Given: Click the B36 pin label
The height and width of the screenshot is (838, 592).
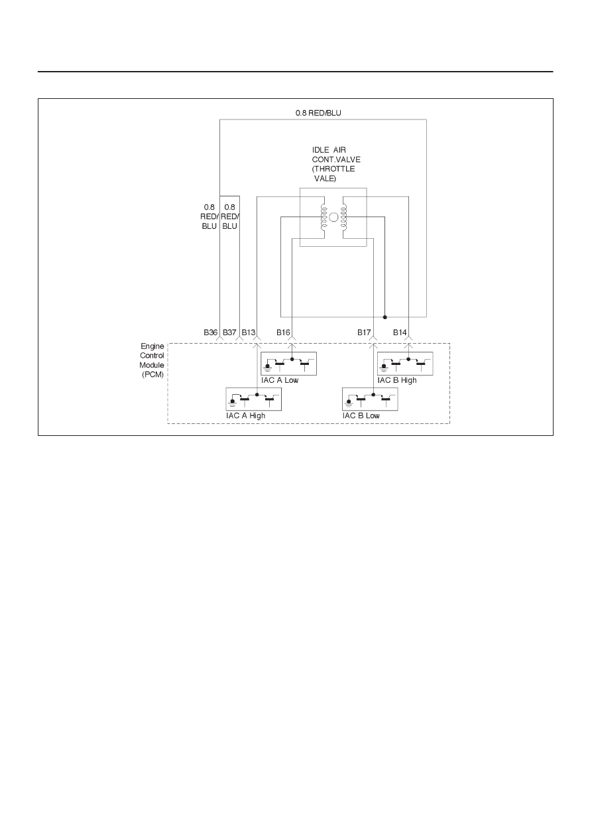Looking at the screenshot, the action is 210,332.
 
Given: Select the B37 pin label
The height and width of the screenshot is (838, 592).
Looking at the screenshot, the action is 229,332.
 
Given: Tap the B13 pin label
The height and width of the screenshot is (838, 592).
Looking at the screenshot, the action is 249,332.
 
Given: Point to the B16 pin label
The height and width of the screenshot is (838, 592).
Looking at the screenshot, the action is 283,332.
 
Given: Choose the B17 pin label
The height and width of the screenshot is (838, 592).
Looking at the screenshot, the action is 364,332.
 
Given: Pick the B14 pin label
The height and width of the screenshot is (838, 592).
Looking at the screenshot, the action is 400,332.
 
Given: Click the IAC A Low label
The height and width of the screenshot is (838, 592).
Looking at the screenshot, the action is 280,380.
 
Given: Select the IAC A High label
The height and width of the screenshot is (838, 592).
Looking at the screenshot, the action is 245,415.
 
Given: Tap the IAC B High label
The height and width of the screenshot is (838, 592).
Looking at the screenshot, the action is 397,380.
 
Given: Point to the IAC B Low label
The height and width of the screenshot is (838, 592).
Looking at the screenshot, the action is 361,415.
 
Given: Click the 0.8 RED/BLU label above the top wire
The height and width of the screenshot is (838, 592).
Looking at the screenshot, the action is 318,113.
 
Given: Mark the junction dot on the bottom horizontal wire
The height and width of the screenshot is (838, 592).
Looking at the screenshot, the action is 385,317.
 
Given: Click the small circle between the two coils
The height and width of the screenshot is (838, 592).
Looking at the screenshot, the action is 333,217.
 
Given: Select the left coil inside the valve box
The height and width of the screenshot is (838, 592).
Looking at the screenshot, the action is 324,218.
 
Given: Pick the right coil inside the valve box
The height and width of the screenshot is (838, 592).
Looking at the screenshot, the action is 344,218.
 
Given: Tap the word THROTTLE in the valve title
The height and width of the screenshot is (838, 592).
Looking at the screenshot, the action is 333,169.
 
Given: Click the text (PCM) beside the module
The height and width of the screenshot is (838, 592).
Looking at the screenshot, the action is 153,374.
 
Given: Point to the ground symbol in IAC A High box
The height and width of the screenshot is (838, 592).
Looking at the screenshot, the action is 233,403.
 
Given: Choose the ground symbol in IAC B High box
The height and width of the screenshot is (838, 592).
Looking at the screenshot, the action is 384,367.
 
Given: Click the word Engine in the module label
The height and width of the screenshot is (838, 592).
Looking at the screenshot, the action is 152,346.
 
